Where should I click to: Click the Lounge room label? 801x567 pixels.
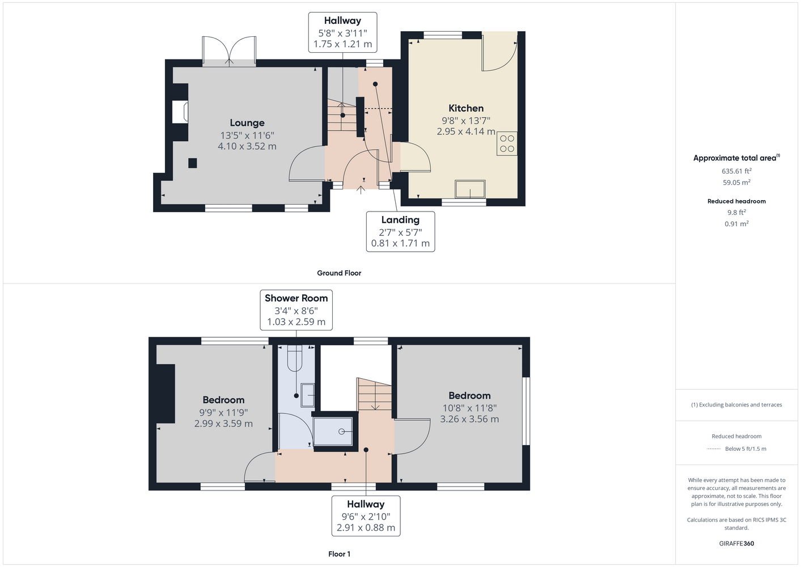click(247, 122)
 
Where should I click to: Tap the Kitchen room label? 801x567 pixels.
click(466, 108)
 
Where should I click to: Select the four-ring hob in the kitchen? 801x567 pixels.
click(507, 143)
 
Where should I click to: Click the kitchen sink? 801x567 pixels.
click(470, 189)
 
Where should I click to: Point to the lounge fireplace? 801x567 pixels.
click(180, 112)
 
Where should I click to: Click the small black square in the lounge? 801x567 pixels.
click(192, 163)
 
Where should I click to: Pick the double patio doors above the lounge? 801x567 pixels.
click(229, 51)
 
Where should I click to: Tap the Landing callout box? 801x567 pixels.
click(400, 231)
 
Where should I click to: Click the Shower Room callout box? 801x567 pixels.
click(296, 310)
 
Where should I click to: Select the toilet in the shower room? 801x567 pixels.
click(295, 358)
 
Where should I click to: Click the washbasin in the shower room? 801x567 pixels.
click(307, 395)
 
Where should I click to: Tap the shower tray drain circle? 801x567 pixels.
click(341, 432)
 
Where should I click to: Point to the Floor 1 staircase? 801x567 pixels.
click(374, 394)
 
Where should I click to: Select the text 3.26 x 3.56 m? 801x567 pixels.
click(469, 419)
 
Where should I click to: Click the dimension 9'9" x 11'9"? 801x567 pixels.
click(223, 412)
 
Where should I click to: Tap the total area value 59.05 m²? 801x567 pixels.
click(736, 182)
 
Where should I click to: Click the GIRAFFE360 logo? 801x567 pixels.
click(736, 543)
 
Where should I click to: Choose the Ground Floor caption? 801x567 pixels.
click(339, 273)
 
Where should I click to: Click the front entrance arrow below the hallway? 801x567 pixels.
click(361, 190)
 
